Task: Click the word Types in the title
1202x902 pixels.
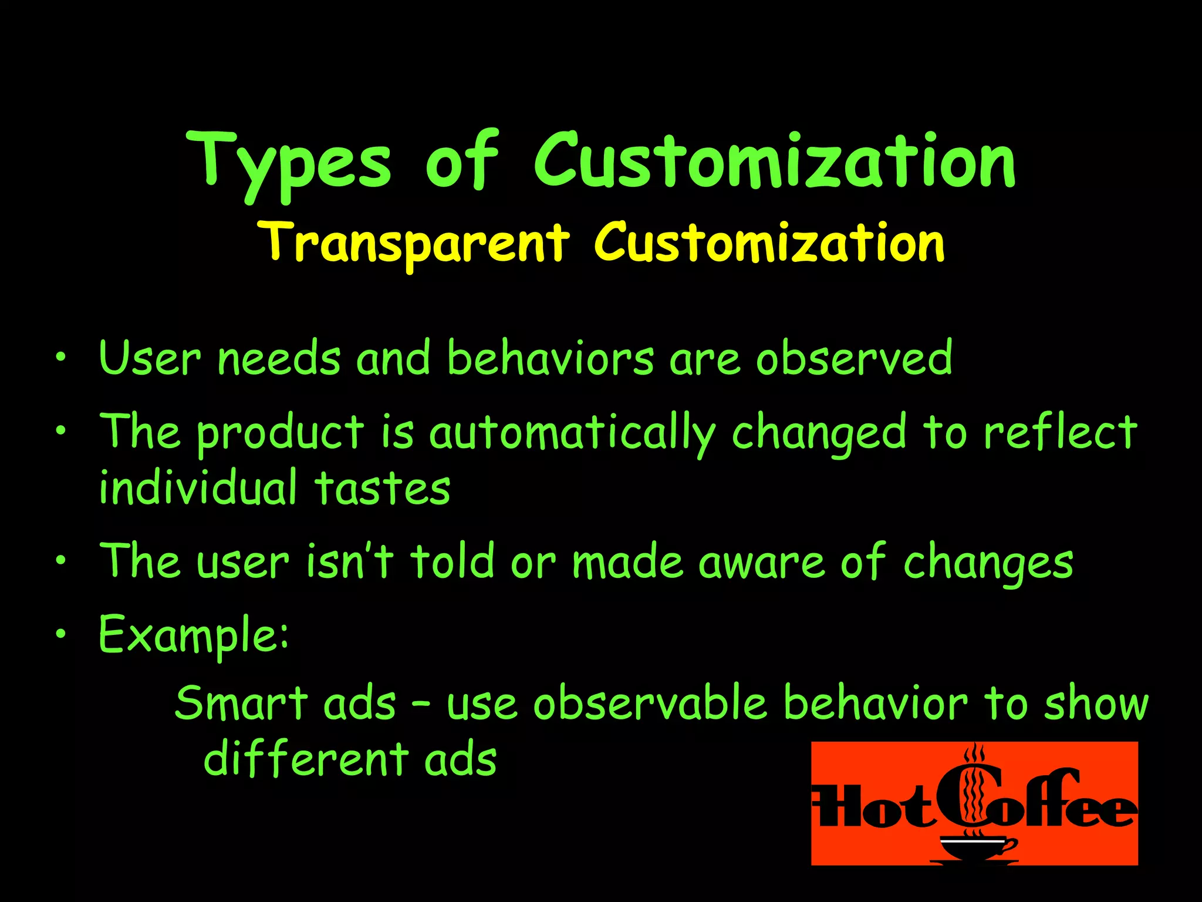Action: tap(288, 163)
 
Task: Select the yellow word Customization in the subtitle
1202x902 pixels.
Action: tap(769, 243)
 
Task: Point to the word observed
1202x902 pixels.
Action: tap(854, 358)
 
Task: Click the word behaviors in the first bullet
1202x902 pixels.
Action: tap(550, 358)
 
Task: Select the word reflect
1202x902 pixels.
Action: tap(1061, 432)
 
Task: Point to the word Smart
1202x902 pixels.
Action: tap(241, 703)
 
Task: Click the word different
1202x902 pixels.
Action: tap(306, 759)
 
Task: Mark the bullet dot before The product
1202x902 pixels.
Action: tap(60, 432)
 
